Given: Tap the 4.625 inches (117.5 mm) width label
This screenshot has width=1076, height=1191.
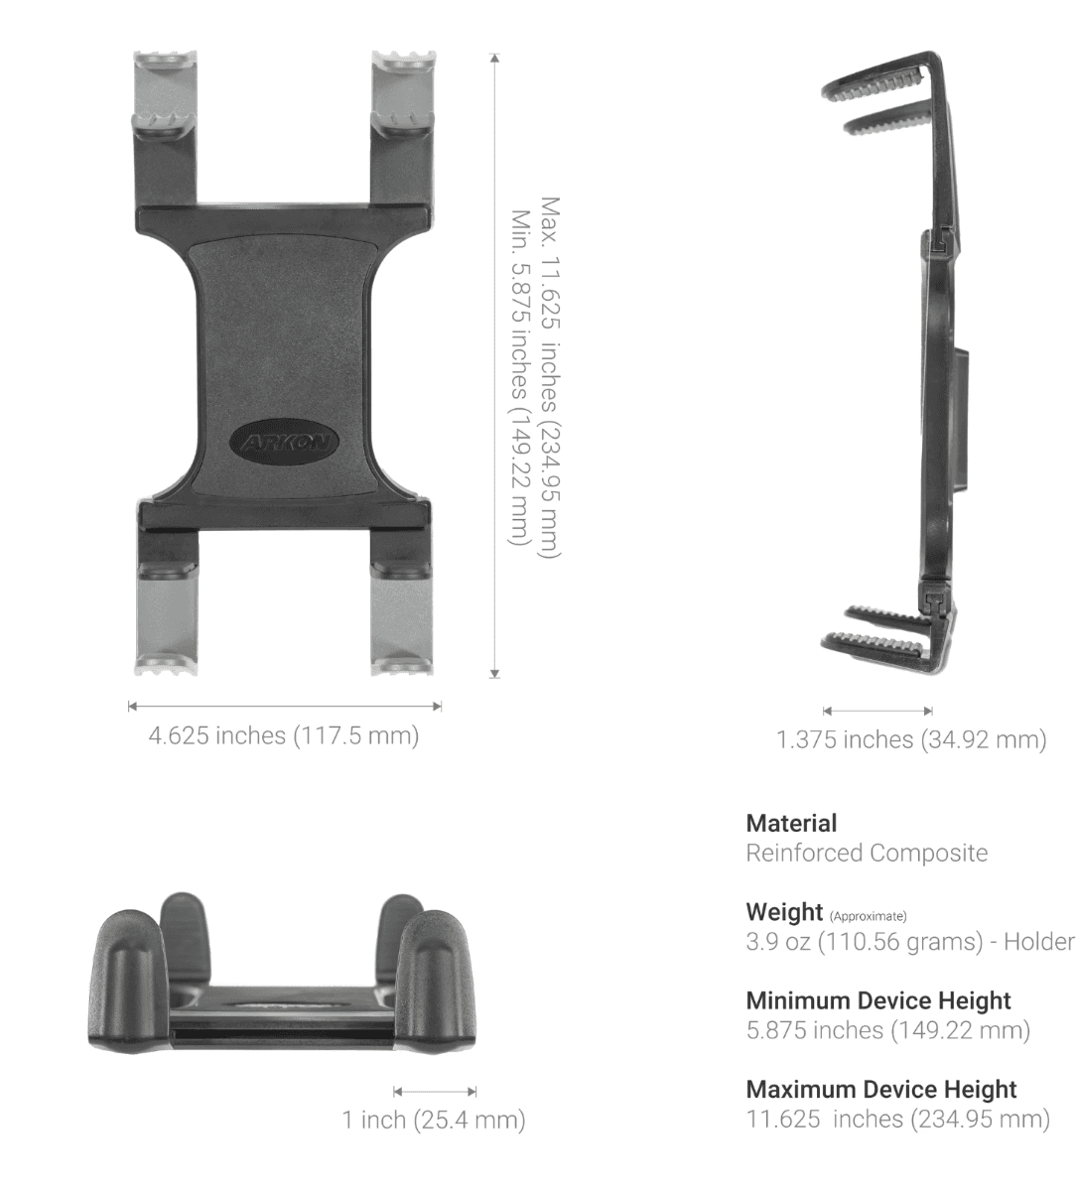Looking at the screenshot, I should pos(284,735).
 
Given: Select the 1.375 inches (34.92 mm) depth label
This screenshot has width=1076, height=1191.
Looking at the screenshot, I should pos(910,739).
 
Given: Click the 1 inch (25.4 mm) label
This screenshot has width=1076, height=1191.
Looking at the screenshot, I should pos(434,1120).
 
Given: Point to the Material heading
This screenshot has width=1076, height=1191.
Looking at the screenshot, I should pos(791,823).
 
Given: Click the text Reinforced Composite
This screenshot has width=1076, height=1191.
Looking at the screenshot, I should pos(867,853).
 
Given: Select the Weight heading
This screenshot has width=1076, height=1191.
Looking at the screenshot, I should pos(784,911).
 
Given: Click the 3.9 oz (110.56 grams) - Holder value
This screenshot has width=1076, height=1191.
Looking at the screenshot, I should pos(909,941).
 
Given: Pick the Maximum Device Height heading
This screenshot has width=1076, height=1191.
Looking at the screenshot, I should pos(880,1089).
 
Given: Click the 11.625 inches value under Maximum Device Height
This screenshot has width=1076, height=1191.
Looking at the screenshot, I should pos(896,1119).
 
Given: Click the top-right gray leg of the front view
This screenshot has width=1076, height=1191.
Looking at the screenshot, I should pos(404,89).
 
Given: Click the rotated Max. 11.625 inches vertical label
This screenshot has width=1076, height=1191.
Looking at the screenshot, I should pos(551,377).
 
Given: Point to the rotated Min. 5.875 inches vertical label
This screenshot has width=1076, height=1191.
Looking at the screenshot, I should pos(519,377).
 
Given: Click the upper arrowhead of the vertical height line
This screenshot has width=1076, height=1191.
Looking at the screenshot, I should pos(494,59).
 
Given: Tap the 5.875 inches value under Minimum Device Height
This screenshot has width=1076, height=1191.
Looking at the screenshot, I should pos(887,1030).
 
